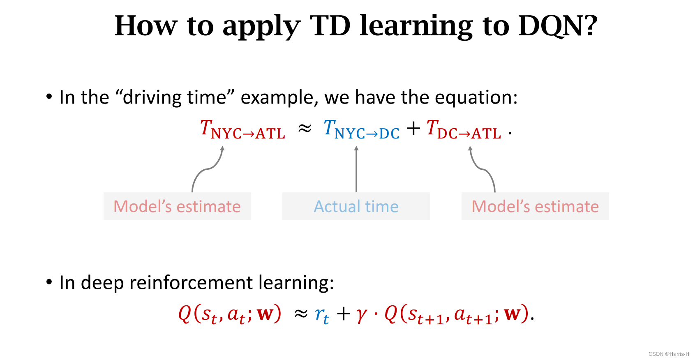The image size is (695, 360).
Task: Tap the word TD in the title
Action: pyautogui.click(x=330, y=25)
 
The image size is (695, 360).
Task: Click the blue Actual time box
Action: pyautogui.click(x=356, y=206)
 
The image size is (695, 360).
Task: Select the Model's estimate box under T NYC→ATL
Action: pyautogui.click(x=177, y=206)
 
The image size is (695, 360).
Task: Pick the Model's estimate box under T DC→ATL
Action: pyautogui.click(x=535, y=206)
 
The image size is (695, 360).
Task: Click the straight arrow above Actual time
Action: pyautogui.click(x=356, y=169)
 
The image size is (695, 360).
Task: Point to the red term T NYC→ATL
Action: pyautogui.click(x=242, y=129)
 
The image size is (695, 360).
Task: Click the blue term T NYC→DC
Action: pyautogui.click(x=361, y=129)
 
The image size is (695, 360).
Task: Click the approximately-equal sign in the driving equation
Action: pyautogui.click(x=305, y=128)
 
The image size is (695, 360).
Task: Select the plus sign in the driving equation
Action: pyautogui.click(x=413, y=128)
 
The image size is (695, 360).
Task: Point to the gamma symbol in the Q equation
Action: pyautogui.click(x=362, y=315)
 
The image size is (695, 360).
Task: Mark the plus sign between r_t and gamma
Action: pyautogui.click(x=344, y=314)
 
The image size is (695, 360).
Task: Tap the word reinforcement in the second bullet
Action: pyautogui.click(x=191, y=283)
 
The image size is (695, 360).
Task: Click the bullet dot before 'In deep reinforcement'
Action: pyautogui.click(x=49, y=282)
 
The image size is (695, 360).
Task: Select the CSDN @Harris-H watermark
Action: pyautogui.click(x=669, y=354)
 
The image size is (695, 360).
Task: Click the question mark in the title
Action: pyautogui.click(x=589, y=25)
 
